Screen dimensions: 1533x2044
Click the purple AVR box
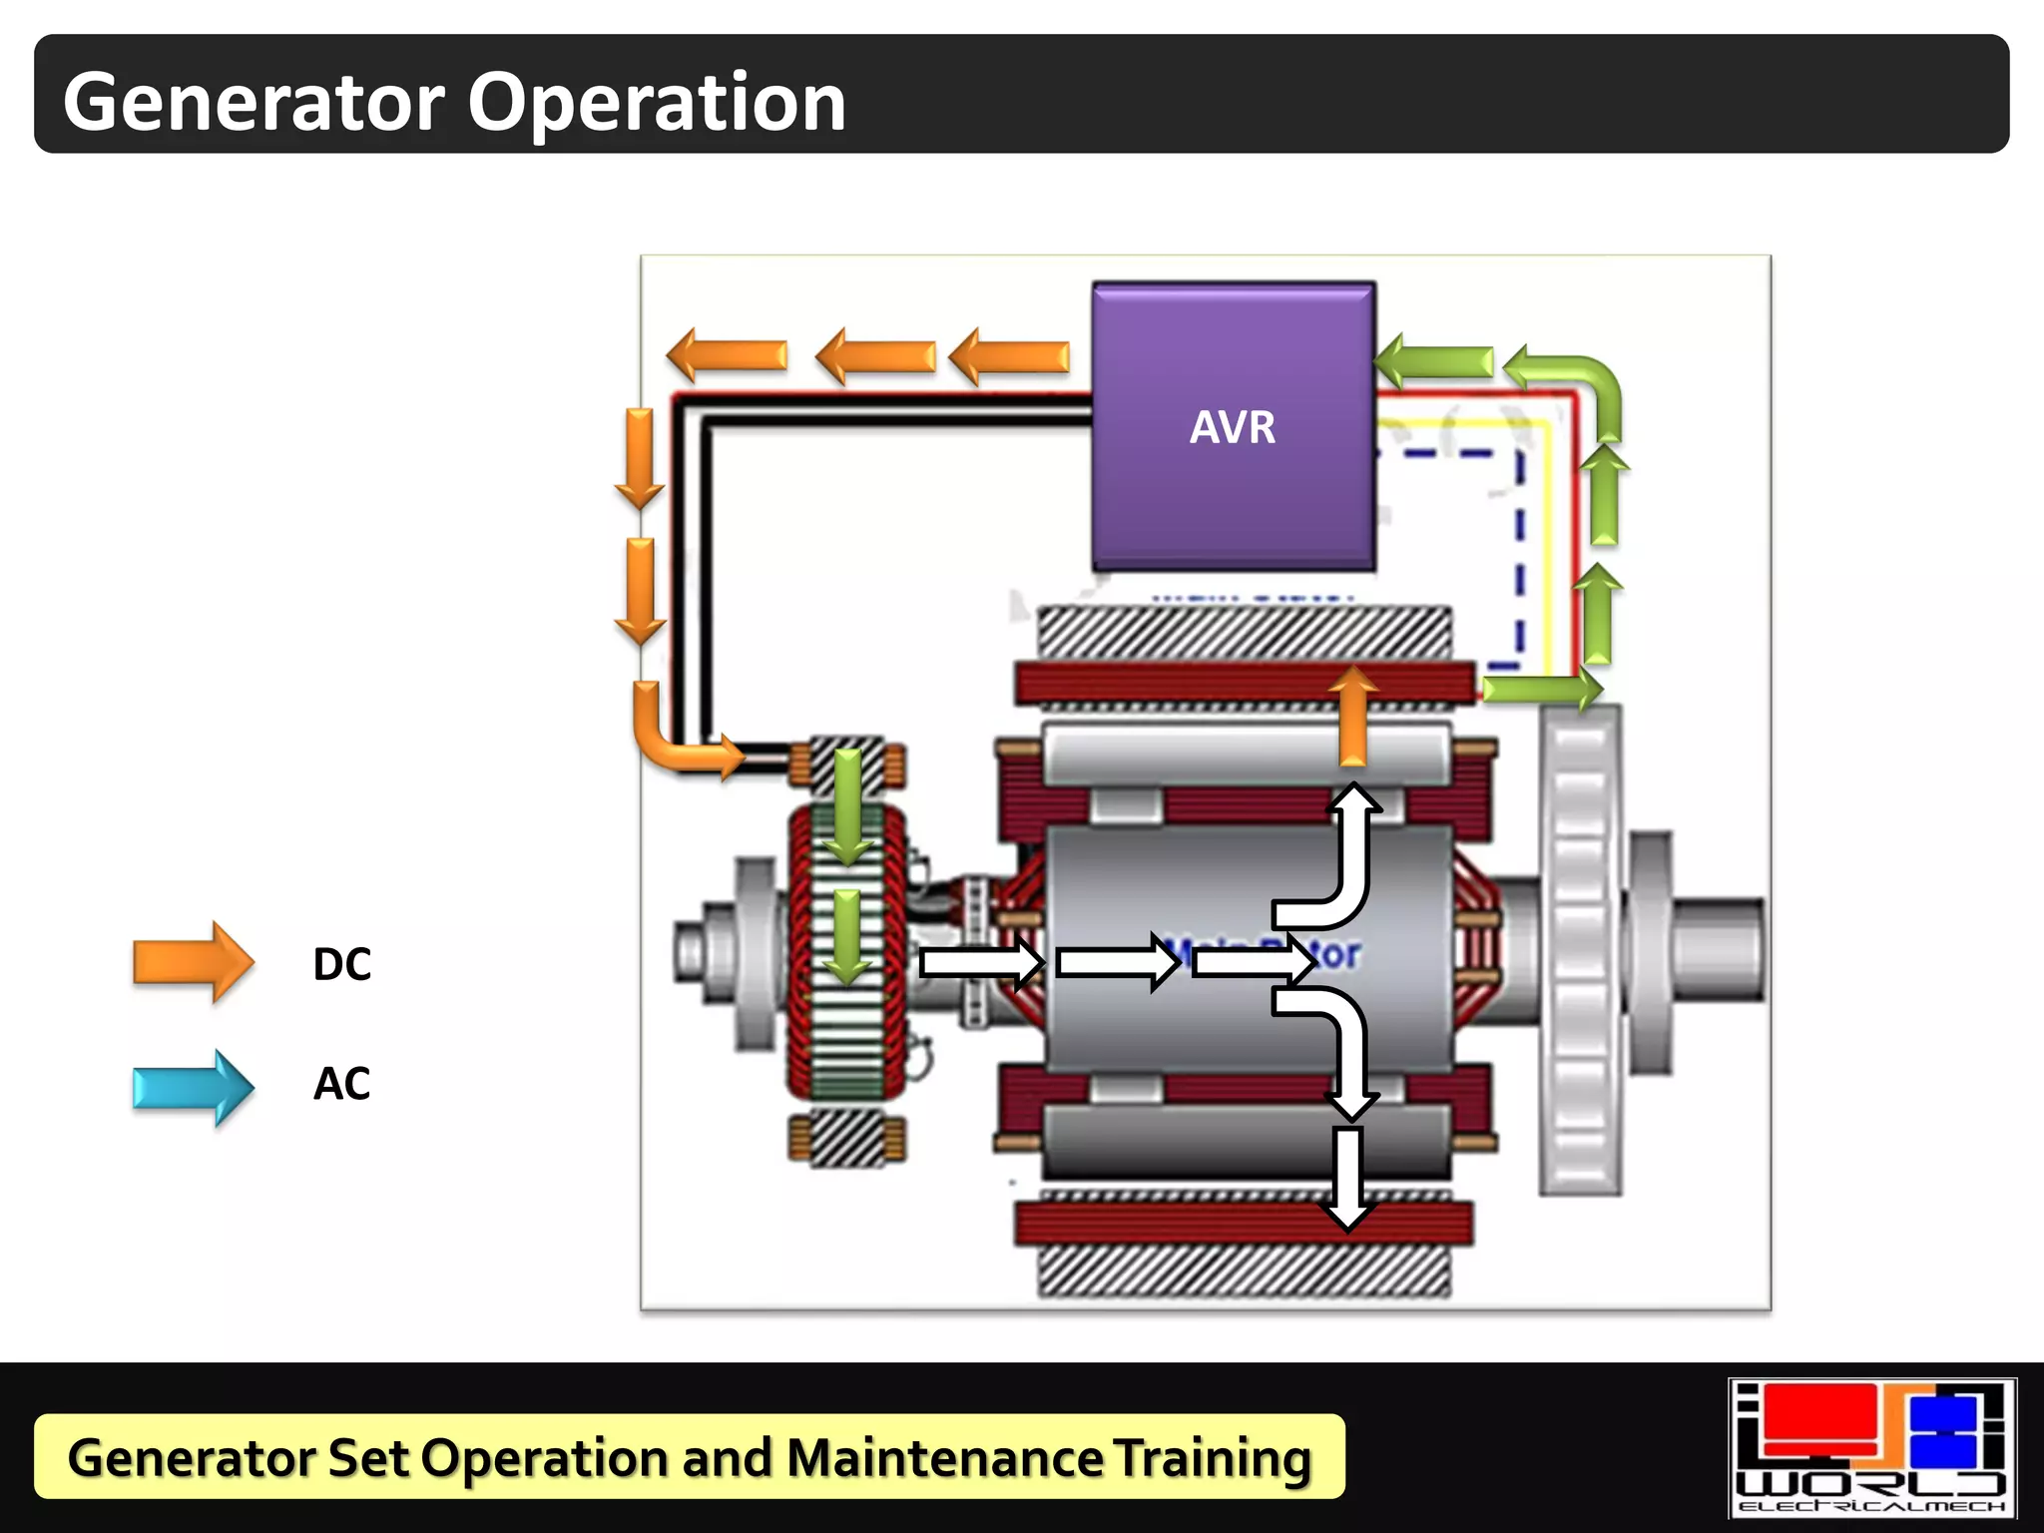pos(1234,426)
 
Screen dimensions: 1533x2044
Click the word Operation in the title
pos(657,102)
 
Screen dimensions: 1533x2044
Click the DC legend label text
pos(341,964)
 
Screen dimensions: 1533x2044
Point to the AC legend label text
pos(341,1084)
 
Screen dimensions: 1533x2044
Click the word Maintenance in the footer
pos(944,1457)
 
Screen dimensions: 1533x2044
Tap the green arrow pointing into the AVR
pos(1433,360)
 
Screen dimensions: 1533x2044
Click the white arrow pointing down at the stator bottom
pos(1347,1178)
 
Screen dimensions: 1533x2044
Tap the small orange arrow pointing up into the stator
pos(1352,715)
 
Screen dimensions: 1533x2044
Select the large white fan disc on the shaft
pos(1579,948)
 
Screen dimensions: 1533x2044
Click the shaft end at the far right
pos(1717,948)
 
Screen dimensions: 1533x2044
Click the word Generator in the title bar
pos(255,102)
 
